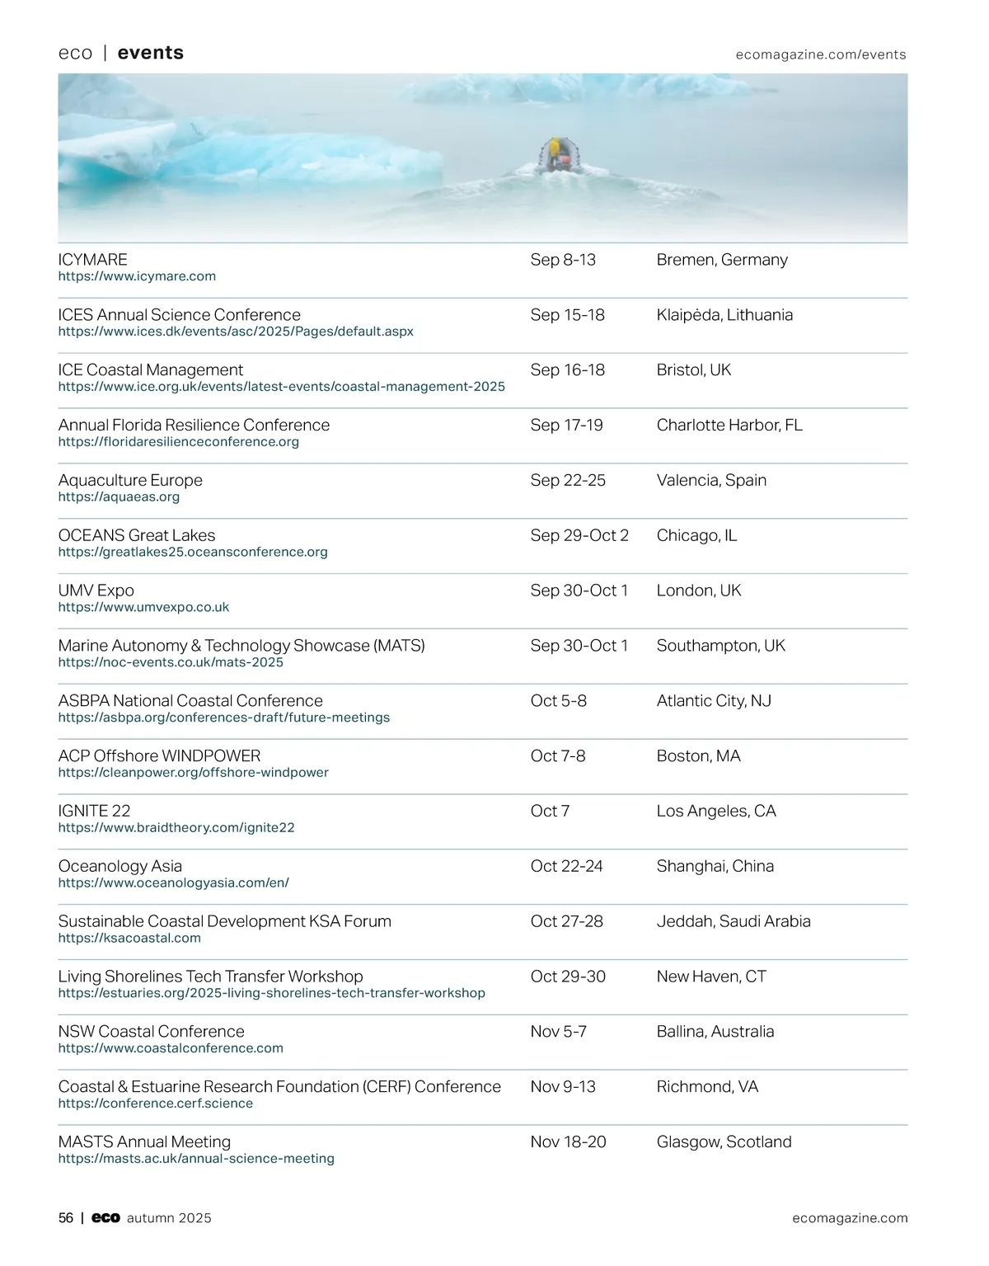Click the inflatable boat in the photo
point(554,157)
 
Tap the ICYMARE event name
point(92,260)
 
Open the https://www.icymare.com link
point(137,276)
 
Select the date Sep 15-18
point(567,315)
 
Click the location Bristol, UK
point(693,370)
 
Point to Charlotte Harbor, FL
point(729,426)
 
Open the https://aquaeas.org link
point(119,497)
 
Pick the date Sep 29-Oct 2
point(579,535)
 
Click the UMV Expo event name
point(96,591)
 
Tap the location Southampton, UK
point(720,646)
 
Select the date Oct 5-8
point(558,701)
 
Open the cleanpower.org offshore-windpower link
point(193,773)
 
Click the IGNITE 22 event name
point(94,811)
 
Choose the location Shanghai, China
point(715,866)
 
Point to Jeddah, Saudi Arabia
point(733,921)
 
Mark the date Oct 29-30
point(567,977)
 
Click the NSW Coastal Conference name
point(151,1032)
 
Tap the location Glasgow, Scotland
point(724,1142)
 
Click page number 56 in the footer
point(66,1218)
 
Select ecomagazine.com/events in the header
point(820,54)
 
